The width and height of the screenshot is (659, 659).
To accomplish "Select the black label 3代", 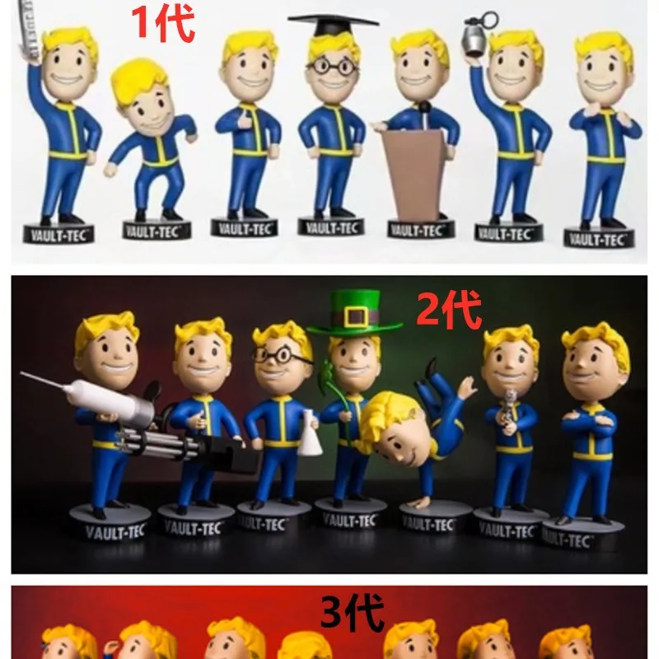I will point(353,614).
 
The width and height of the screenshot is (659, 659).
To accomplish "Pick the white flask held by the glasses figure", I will point(310,433).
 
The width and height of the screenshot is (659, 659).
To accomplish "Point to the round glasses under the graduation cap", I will point(333,66).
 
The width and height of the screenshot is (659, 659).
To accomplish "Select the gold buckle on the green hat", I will point(355,316).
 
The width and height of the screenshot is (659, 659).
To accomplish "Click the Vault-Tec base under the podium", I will point(418,229).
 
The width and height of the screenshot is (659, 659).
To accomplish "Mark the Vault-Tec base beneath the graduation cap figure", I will point(331,226).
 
